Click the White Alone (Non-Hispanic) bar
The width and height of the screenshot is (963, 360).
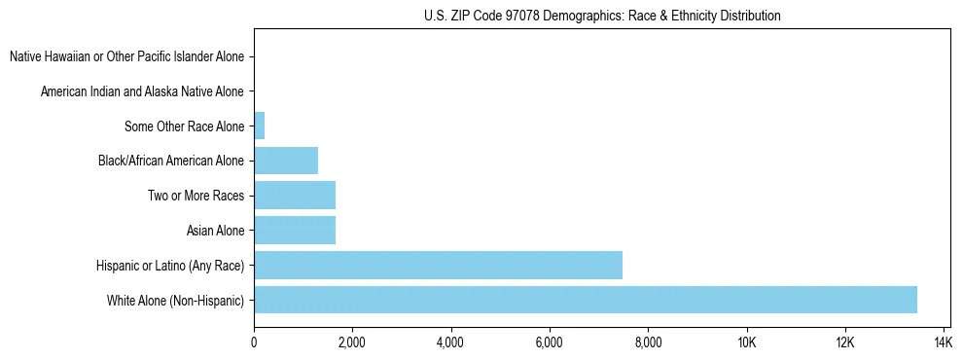585,300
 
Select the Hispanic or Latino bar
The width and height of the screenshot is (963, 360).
438,265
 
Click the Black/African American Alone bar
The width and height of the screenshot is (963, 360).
286,161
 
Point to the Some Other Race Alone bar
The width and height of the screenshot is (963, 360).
260,126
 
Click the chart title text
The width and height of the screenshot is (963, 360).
602,16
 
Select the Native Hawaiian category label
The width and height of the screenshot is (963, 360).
126,56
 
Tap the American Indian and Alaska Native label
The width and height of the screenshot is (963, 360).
142,91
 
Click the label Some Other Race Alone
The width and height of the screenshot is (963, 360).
184,126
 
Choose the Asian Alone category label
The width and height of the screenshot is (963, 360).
215,231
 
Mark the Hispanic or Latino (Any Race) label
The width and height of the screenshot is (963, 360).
170,266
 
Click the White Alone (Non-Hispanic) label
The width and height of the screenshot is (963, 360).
175,301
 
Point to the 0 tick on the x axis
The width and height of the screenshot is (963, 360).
254,342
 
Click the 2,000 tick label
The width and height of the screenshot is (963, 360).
352,342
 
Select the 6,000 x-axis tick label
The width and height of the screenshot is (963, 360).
550,342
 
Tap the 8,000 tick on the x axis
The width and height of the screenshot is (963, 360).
648,342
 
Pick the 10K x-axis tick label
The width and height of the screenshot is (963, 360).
747,342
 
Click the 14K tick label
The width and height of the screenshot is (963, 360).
944,342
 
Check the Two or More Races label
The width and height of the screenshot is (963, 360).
196,196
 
